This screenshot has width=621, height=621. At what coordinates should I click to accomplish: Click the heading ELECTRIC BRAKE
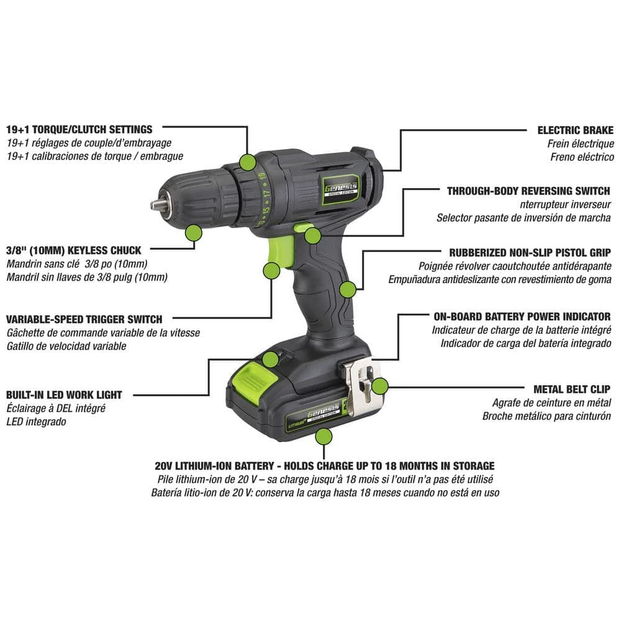pyautogui.click(x=575, y=130)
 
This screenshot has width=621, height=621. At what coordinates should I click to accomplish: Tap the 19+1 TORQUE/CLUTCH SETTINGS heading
pyautogui.click(x=79, y=130)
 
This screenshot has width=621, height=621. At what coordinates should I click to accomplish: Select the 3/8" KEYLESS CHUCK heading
pyautogui.click(x=73, y=251)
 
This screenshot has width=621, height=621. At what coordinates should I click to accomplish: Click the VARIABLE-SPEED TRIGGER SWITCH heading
pyautogui.click(x=84, y=319)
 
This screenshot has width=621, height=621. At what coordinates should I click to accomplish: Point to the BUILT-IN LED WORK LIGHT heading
pyautogui.click(x=64, y=394)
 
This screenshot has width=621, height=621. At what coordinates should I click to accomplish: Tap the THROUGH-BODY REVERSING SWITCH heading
pyautogui.click(x=528, y=191)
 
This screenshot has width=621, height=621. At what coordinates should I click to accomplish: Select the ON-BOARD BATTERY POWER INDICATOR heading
pyautogui.click(x=521, y=317)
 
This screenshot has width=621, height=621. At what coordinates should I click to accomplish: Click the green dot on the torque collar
pyautogui.click(x=248, y=162)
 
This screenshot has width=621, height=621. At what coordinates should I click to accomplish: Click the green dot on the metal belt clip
pyautogui.click(x=380, y=387)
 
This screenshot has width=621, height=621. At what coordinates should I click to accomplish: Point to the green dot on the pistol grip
pyautogui.click(x=348, y=289)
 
